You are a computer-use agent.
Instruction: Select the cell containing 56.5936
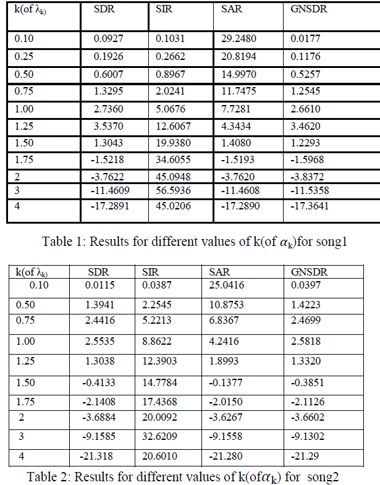tap(175, 190)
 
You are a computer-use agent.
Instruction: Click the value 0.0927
tap(108, 39)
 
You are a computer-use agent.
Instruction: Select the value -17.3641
tap(310, 205)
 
